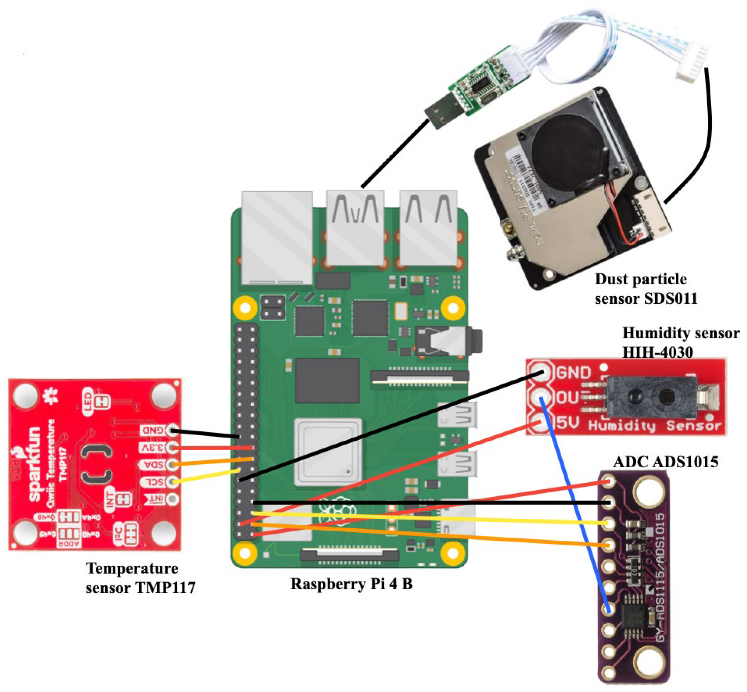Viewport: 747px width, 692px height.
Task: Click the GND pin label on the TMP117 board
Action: (153, 431)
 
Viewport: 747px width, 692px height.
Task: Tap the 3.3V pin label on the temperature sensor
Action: (153, 448)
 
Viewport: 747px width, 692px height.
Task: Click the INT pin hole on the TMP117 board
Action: (172, 499)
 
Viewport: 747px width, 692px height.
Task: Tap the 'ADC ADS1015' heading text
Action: (666, 462)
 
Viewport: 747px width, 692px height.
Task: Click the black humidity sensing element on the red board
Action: (651, 397)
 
